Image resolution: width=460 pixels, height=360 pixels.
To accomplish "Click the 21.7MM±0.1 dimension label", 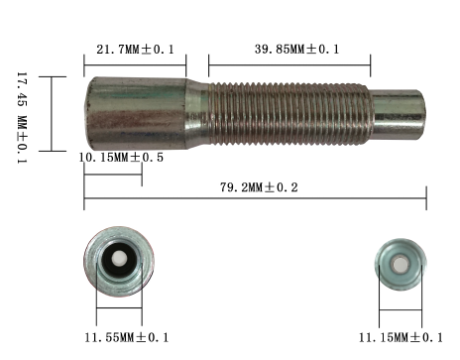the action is click(135, 50).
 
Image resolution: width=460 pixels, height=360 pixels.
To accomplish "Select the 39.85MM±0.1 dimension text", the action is click(296, 50).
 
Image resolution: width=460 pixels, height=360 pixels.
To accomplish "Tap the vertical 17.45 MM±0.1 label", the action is click(22, 117).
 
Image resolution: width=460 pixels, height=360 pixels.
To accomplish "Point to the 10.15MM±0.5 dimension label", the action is click(121, 157).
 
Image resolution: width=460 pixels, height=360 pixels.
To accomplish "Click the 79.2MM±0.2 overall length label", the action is click(259, 187).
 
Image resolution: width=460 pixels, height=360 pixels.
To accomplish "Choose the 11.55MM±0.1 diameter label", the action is click(127, 337).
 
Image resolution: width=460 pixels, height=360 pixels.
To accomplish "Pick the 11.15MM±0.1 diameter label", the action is click(401, 337).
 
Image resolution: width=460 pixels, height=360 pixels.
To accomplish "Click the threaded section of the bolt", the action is click(289, 114).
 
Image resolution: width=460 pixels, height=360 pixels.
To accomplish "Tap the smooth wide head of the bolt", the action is click(136, 113).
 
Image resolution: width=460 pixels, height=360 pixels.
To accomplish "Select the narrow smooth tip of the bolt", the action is click(399, 114).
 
